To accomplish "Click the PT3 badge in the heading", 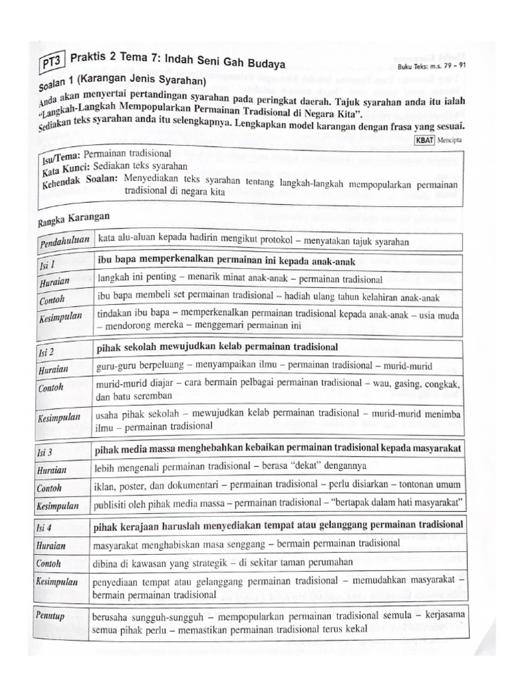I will [50, 63].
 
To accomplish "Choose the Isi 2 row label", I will [48, 349].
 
